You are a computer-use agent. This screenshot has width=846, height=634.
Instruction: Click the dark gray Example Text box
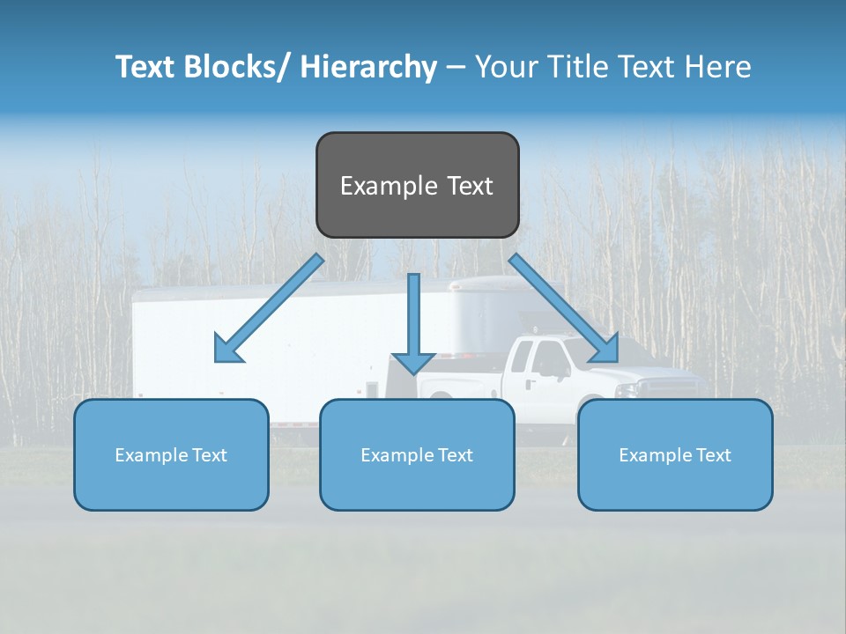click(x=417, y=185)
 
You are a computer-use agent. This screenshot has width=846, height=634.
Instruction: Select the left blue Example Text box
click(x=171, y=454)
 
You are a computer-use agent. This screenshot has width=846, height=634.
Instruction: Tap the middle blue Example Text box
click(x=417, y=454)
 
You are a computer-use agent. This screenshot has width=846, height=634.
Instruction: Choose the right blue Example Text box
click(x=675, y=454)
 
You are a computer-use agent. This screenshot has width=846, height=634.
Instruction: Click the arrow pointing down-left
click(x=269, y=308)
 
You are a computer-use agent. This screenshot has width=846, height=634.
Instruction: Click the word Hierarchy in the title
click(x=368, y=67)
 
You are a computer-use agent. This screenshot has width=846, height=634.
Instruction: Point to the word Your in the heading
click(x=505, y=67)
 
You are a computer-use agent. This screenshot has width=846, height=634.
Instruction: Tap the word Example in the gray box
click(x=389, y=186)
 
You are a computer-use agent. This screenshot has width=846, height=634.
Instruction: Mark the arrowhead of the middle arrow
click(x=413, y=363)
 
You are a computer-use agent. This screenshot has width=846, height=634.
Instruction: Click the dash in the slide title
click(x=456, y=68)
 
